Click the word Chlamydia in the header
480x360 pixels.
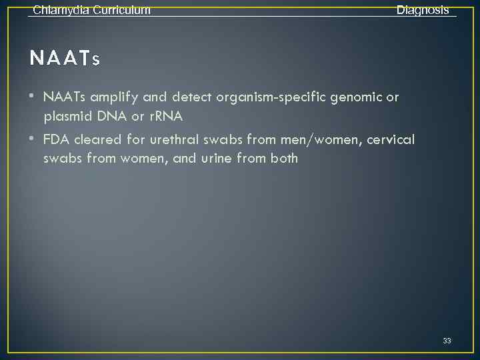(x=59, y=10)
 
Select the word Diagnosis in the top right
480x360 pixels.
(x=423, y=10)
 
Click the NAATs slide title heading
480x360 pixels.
(x=65, y=59)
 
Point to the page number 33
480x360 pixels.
(x=447, y=341)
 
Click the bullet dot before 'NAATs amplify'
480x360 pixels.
(x=33, y=97)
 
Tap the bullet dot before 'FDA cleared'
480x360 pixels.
(x=33, y=139)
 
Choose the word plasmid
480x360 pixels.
(x=67, y=117)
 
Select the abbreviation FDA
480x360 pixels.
(x=56, y=139)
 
